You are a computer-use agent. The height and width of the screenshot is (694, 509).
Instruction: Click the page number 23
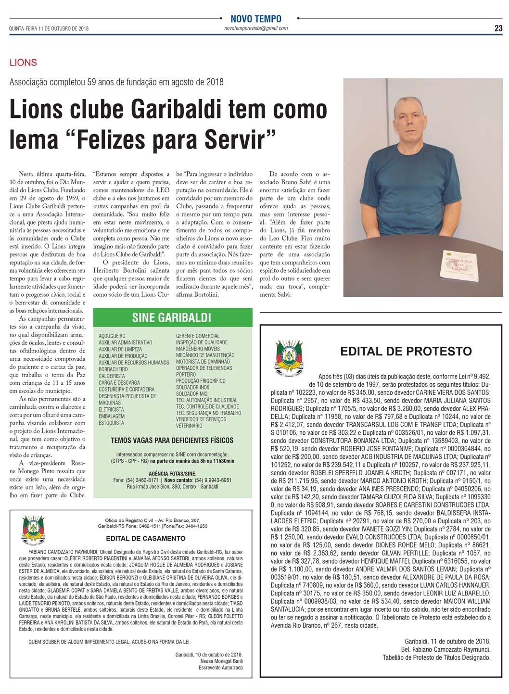pyautogui.click(x=498, y=28)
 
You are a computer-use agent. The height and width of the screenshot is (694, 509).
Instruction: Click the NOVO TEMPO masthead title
pyautogui.click(x=256, y=19)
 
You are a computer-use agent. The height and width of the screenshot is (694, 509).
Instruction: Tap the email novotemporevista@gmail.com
pyautogui.click(x=256, y=28)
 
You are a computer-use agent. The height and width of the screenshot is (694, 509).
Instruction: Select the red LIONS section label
pyautogui.click(x=23, y=63)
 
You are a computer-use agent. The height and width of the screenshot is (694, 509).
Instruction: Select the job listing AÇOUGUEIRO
pyautogui.click(x=112, y=336)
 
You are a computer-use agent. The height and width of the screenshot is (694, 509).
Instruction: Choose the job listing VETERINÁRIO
pyautogui.click(x=189, y=426)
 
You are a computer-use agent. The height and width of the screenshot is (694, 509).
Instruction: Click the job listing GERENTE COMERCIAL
pyautogui.click(x=198, y=336)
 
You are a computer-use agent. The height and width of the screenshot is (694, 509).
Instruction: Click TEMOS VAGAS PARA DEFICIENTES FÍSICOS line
pyautogui.click(x=172, y=440)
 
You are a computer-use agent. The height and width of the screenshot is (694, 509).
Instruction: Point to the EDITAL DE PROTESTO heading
pyautogui.click(x=406, y=352)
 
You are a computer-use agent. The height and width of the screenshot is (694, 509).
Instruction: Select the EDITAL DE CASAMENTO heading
pyautogui.click(x=140, y=538)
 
